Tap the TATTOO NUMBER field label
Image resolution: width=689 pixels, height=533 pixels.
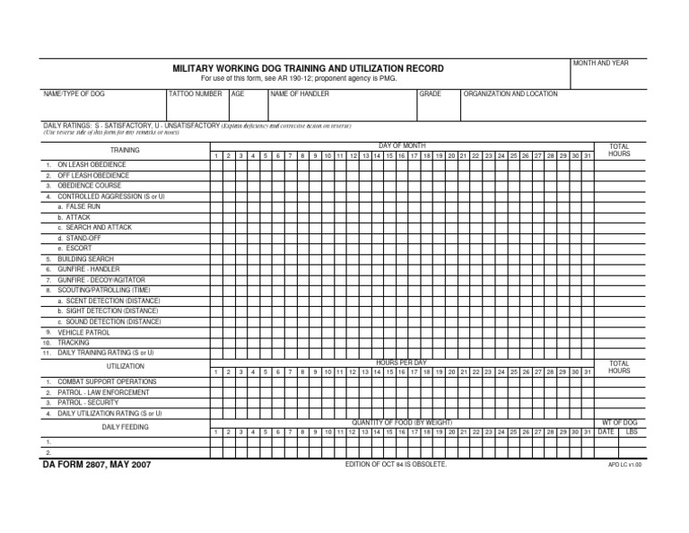point(195,93)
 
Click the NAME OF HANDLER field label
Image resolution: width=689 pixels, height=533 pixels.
point(300,93)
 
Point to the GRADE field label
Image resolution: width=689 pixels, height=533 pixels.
point(431,93)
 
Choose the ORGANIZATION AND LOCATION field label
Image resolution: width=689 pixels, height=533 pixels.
point(510,93)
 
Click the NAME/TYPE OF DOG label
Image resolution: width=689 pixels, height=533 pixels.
point(74,93)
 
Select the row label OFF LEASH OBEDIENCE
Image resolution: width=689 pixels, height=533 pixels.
point(93,176)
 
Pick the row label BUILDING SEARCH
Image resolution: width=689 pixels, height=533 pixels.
point(85,258)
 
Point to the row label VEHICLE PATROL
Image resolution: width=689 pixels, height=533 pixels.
point(83,332)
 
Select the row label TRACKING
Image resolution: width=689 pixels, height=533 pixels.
point(74,343)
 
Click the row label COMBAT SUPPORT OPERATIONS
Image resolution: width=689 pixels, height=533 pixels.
point(107,381)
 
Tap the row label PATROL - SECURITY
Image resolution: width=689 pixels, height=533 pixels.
point(90,403)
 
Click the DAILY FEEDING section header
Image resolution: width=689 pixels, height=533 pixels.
point(125,427)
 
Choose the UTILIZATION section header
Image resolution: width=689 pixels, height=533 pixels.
point(125,366)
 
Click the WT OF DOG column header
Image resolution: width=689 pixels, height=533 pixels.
point(618,422)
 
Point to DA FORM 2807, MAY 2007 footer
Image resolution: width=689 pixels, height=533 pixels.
point(97,465)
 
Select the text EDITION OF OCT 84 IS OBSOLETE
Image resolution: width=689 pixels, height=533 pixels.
point(396,464)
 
